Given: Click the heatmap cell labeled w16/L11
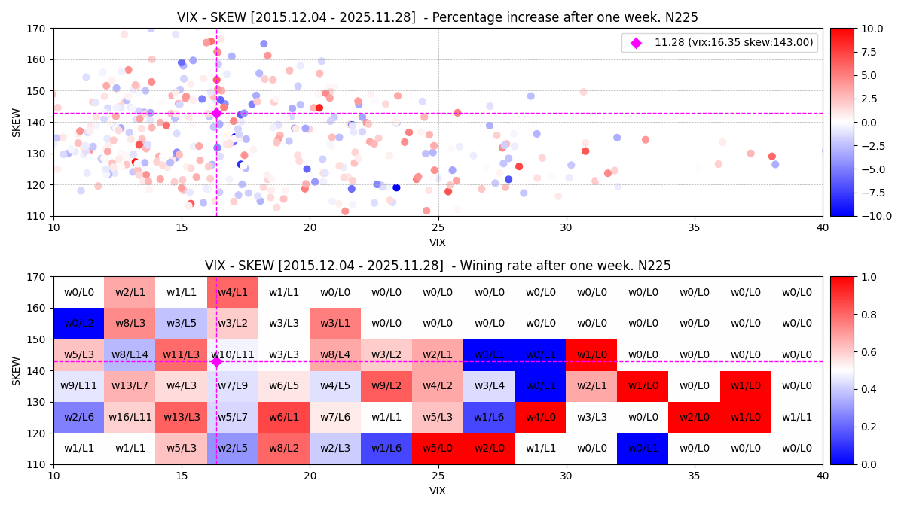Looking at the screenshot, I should tap(130, 417).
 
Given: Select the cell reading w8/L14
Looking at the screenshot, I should tap(130, 354).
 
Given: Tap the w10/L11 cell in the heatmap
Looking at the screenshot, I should tap(233, 354).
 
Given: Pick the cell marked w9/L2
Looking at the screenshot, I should tap(386, 386).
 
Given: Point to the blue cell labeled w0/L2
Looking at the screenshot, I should tap(79, 324).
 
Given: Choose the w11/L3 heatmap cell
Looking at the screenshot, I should tap(182, 354).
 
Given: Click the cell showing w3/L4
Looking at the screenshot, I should tap(489, 386).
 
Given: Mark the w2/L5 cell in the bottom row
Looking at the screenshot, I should tap(233, 449).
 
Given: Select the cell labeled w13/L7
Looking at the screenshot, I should tap(130, 386).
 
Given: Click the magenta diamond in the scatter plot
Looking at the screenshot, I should tap(216, 113).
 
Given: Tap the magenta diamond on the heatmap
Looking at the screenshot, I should tap(216, 362).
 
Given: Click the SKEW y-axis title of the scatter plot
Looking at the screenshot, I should tap(17, 122).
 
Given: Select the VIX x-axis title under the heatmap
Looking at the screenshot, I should tap(438, 491).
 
